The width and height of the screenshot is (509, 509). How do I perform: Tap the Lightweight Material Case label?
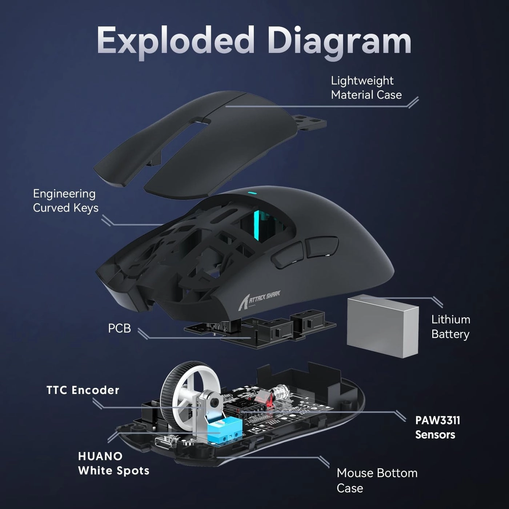[x=366, y=88]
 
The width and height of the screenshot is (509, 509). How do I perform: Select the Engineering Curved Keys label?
[x=65, y=201]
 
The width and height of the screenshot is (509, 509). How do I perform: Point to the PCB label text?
[x=119, y=328]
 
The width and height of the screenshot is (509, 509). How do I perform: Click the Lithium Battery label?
[x=450, y=327]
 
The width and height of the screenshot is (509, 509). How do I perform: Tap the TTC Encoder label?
[x=83, y=390]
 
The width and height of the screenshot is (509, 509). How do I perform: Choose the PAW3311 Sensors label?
[x=437, y=427]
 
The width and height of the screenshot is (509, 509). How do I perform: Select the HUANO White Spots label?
[x=113, y=463]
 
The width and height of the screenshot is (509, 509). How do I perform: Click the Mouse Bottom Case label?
[x=377, y=480]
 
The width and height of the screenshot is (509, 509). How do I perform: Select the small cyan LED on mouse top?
[x=251, y=193]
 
